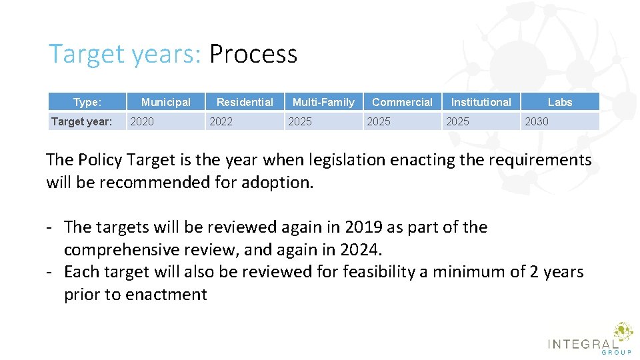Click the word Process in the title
[x=253, y=54]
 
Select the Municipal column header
[x=165, y=102]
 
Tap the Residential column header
[x=245, y=102]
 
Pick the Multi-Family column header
[x=323, y=102]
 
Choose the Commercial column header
[x=402, y=102]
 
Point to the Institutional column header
[x=481, y=102]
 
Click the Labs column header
[x=560, y=102]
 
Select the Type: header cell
[x=87, y=102]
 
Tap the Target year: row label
[x=81, y=121]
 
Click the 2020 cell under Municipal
[x=141, y=121]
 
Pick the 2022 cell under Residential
[x=221, y=121]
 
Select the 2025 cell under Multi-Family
[x=299, y=121]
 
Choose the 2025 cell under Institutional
[x=457, y=121]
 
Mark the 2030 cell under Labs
[x=536, y=121]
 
